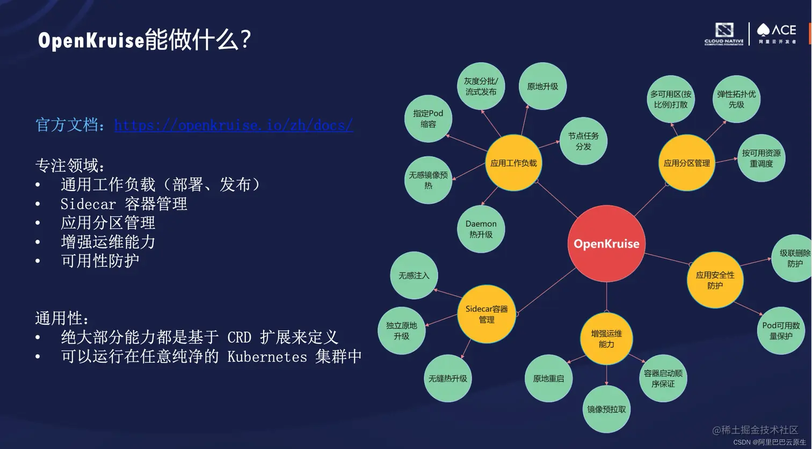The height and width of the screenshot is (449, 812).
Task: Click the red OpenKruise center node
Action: point(606,244)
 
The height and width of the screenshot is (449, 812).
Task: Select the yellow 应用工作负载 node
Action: point(513,163)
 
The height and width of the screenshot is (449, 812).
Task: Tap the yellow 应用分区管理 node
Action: point(686,163)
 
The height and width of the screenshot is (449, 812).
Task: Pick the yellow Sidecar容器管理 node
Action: point(486,314)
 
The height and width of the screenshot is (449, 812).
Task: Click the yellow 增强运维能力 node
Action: point(606,338)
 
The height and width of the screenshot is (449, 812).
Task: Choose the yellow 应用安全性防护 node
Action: point(715,280)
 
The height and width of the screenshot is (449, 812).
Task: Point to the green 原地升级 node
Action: point(542,86)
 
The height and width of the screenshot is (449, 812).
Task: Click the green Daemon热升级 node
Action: point(481,229)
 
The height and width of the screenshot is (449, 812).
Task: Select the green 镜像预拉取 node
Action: point(606,409)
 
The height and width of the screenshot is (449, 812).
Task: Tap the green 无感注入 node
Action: point(414,276)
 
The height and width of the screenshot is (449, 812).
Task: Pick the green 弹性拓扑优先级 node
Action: point(736,99)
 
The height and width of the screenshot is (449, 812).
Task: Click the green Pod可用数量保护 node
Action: point(781,330)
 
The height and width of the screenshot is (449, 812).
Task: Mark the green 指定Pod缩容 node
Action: point(428,119)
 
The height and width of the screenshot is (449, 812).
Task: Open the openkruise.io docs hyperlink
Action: point(234,126)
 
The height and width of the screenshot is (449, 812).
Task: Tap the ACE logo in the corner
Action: point(777,33)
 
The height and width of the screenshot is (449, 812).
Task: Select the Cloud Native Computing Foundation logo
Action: point(724,33)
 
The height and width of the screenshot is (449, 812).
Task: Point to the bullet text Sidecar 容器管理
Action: point(124,204)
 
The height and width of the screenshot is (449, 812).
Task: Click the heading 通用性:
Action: point(62,318)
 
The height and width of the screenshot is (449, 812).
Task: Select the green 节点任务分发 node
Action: point(583,141)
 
